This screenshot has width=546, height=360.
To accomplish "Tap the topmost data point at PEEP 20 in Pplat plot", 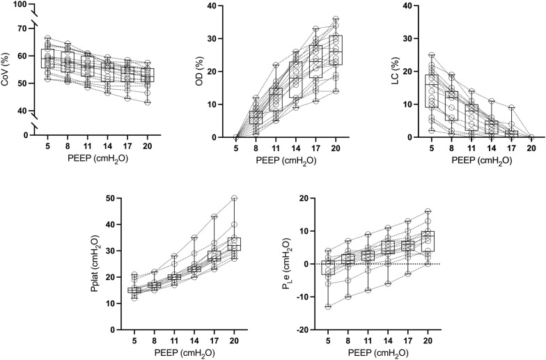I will [x=234, y=198].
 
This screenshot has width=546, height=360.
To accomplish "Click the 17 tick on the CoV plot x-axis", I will [x=127, y=148].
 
